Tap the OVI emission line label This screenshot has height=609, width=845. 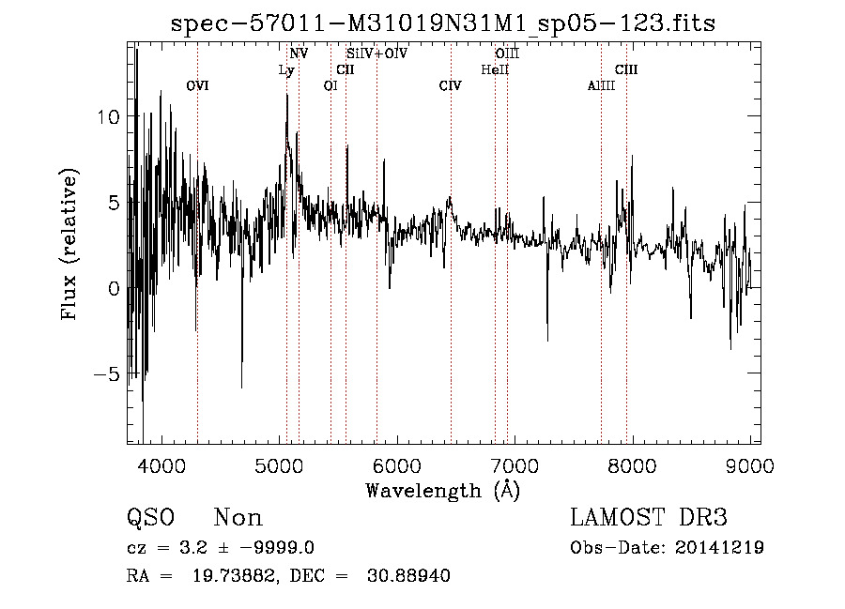(x=197, y=86)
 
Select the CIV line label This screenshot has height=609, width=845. (x=451, y=86)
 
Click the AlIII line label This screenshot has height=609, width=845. (x=601, y=86)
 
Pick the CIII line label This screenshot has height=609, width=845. (x=626, y=69)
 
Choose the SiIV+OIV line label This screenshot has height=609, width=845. (x=377, y=53)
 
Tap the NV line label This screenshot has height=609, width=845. (x=299, y=53)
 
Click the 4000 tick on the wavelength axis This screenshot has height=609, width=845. (x=161, y=466)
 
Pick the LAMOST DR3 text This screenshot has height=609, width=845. (x=649, y=518)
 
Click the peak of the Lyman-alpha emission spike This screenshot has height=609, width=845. (x=287, y=95)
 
